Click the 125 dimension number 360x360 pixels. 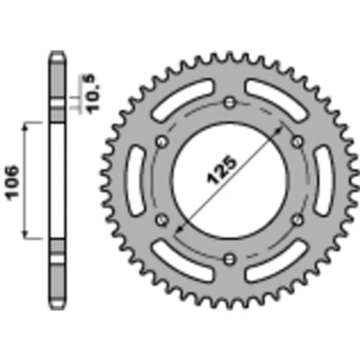pyautogui.click(x=221, y=169)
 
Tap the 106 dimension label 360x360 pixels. pyautogui.click(x=12, y=181)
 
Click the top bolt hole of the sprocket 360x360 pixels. pyautogui.click(x=230, y=103)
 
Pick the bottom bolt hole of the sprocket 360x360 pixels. pyautogui.click(x=230, y=258)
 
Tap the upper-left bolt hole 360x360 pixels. pyautogui.click(x=163, y=141)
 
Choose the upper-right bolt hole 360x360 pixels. pyautogui.click(x=298, y=140)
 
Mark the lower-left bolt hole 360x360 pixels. pyautogui.click(x=163, y=220)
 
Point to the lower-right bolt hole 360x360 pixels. pyautogui.click(x=298, y=220)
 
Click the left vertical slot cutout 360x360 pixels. pyautogui.click(x=136, y=180)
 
